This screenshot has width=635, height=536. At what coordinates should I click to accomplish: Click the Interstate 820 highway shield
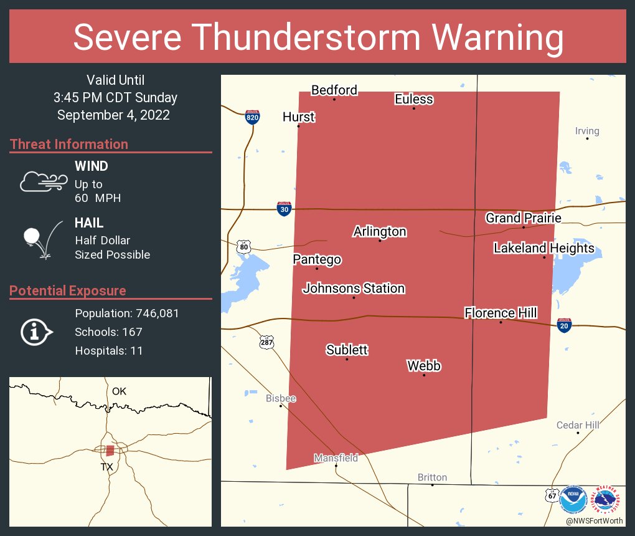(252, 117)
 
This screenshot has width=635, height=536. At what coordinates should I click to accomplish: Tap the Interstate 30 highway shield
(284, 209)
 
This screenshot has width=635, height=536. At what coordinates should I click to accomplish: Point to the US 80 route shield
(243, 247)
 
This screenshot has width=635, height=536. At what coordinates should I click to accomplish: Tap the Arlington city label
(380, 231)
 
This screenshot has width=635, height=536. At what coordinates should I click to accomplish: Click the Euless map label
(414, 99)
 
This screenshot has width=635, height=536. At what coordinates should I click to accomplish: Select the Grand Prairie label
(524, 218)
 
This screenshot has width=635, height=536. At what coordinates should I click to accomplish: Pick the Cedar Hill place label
(578, 425)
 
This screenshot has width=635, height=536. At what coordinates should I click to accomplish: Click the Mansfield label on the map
(336, 458)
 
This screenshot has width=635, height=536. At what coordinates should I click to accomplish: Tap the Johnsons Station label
(354, 289)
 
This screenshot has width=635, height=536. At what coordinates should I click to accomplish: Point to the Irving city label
(587, 131)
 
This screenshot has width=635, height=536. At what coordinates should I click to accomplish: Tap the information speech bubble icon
(36, 332)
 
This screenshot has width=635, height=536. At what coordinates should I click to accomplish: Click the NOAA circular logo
(573, 500)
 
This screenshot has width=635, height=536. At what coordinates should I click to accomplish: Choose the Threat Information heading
(69, 145)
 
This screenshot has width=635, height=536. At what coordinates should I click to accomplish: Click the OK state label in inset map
(119, 391)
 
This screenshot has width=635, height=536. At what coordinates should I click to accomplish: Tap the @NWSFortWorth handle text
(594, 520)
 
